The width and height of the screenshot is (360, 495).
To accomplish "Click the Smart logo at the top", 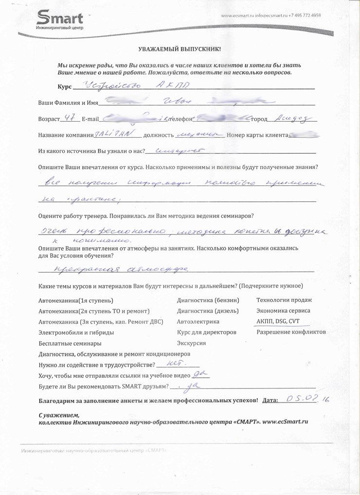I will point(60,21).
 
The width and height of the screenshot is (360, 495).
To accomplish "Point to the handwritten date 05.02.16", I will point(308,400).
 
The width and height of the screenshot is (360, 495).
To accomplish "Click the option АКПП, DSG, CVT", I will point(278,321).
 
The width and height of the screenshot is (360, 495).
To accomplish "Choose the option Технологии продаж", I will point(284,300).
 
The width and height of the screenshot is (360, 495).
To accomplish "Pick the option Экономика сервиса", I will point(283,311).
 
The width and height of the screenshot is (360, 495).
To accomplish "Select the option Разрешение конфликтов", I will point(291,332).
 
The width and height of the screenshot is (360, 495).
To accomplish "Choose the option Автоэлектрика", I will point(198,321).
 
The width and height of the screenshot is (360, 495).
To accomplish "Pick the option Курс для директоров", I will point(207,332).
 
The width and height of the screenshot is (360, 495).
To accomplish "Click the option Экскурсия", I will point(192,343).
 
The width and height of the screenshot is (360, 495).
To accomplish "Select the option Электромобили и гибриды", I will point(76,332).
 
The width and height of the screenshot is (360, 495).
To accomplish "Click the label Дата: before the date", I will point(270,401).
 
